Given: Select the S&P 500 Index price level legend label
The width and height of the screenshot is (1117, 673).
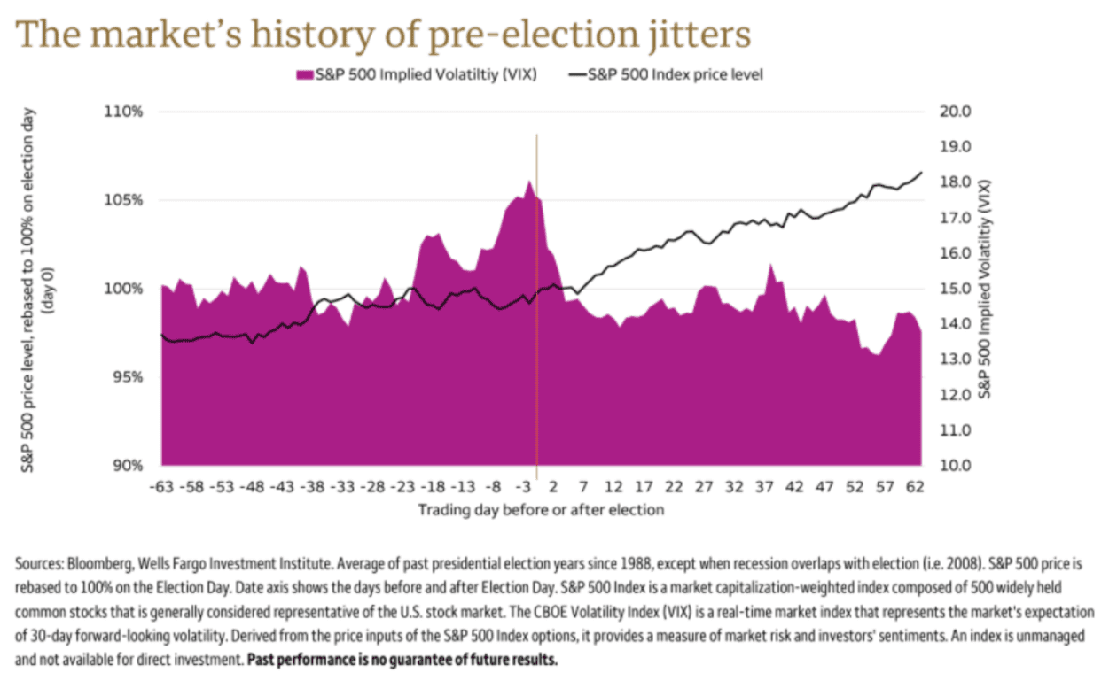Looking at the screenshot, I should (x=675, y=74).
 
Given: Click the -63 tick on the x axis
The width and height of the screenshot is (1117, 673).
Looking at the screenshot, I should (x=160, y=486).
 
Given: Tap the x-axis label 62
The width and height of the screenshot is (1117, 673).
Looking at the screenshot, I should (x=915, y=486).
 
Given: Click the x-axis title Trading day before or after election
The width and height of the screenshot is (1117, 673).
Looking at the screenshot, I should (x=541, y=510).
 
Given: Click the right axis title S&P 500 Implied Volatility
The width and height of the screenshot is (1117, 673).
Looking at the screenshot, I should (x=988, y=289).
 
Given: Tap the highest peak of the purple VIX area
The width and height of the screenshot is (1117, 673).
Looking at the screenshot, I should (x=529, y=182).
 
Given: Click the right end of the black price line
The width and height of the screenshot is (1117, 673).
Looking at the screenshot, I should (x=921, y=173).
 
